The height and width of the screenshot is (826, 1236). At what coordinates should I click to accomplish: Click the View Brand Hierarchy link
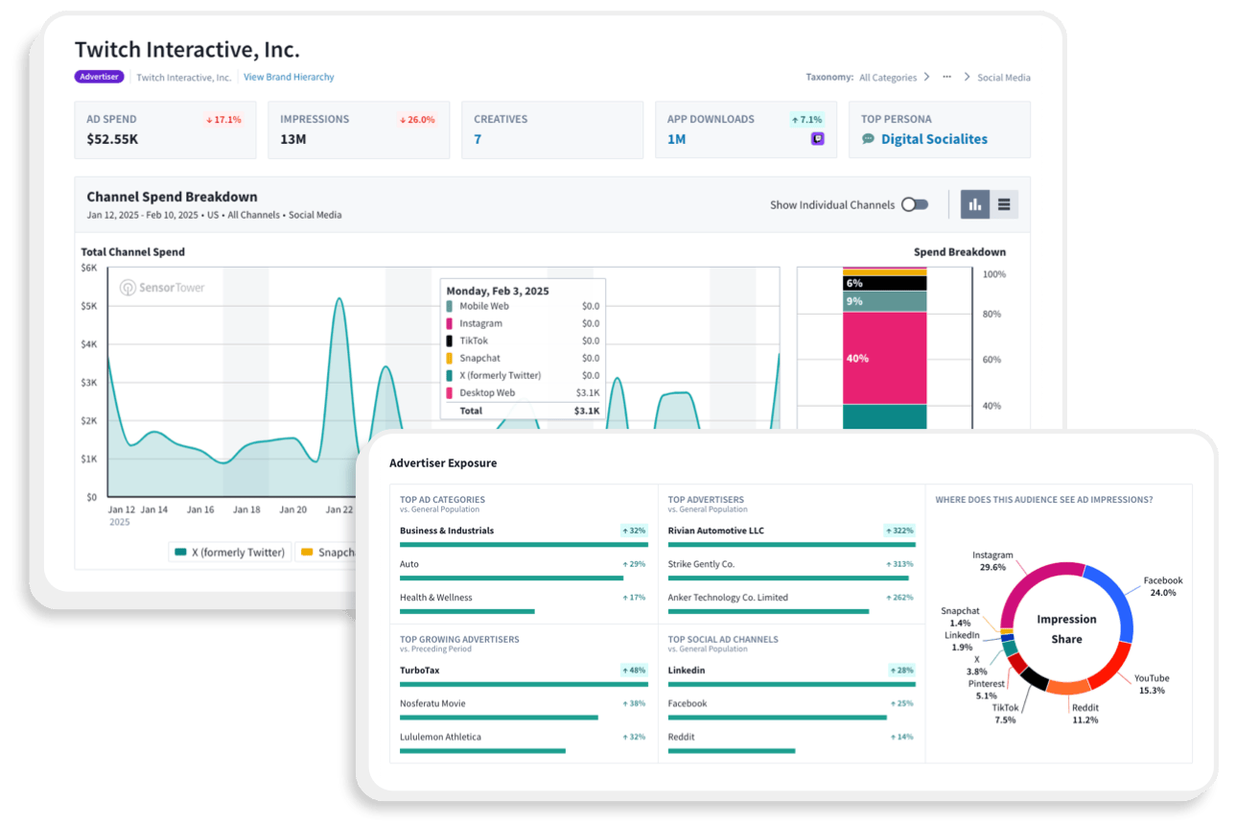(x=289, y=77)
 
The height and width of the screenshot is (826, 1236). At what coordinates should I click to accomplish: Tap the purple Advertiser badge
(x=100, y=77)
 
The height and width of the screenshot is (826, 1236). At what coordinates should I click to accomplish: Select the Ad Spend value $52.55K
(x=111, y=139)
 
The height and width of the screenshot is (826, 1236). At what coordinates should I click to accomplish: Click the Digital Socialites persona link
(x=934, y=139)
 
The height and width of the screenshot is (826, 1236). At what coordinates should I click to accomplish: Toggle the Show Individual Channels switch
(x=915, y=204)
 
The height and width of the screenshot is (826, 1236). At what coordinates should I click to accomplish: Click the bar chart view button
(x=975, y=204)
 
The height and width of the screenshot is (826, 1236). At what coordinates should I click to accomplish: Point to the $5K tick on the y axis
(x=89, y=306)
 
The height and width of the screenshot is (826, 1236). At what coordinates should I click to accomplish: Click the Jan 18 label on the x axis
(x=247, y=510)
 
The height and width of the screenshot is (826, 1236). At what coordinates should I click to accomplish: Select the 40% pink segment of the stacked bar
(x=884, y=358)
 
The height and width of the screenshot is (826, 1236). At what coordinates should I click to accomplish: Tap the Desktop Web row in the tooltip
(x=523, y=393)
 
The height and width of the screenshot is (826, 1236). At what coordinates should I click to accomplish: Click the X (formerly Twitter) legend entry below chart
(x=229, y=553)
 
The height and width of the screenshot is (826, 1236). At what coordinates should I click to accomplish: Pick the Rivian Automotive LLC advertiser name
(x=715, y=531)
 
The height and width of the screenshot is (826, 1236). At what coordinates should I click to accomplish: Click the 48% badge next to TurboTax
(x=633, y=671)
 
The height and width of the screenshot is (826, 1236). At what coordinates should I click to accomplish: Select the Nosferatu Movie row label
(x=432, y=703)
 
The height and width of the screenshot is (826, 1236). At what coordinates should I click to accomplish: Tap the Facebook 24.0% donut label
(x=1162, y=586)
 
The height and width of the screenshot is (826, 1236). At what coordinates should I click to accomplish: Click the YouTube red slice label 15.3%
(x=1152, y=684)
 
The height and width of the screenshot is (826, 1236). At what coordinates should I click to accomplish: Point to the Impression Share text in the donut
(x=1066, y=629)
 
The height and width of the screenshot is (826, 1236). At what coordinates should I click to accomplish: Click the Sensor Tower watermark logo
(x=163, y=288)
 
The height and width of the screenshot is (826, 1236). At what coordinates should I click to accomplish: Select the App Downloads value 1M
(x=677, y=139)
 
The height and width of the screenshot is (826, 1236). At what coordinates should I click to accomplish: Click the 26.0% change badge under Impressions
(x=417, y=120)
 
